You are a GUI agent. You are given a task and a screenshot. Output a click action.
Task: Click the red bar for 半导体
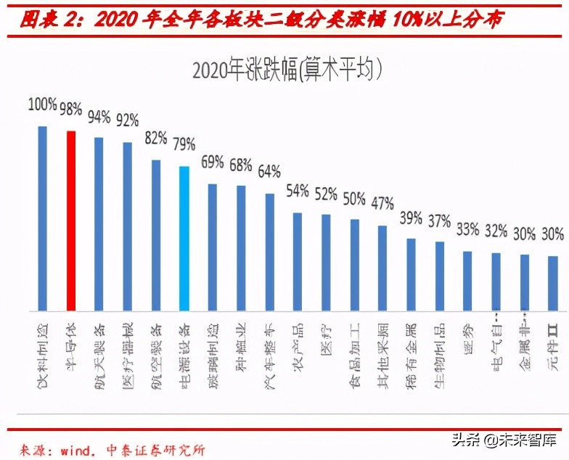[71, 221]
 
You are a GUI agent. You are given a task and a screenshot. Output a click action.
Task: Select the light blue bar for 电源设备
[184, 239]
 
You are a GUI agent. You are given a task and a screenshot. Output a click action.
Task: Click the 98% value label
[71, 109]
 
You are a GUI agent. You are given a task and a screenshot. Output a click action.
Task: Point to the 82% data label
[156, 137]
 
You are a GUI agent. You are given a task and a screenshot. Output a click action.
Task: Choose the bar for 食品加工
[355, 265]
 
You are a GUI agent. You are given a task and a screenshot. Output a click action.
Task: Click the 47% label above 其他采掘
[382, 202]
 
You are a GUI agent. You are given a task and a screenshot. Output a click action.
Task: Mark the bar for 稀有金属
[411, 275]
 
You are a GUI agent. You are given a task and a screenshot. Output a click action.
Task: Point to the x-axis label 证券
[468, 334]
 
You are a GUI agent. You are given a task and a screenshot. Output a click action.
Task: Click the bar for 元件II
[552, 284]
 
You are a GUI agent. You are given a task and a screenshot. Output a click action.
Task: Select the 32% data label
[496, 231]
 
